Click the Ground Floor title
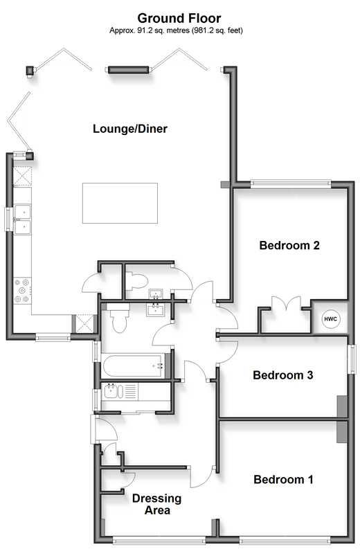tap(179, 18)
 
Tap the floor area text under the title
tap(176, 30)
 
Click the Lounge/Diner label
tap(130, 129)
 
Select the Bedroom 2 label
tap(289, 245)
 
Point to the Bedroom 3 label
tap(283, 375)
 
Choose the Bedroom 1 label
tap(283, 479)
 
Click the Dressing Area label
tap(157, 504)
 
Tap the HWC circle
tap(330, 319)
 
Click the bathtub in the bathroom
tap(133, 366)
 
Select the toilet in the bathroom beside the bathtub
tap(118, 318)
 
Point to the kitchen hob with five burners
tap(22, 290)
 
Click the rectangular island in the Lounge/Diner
tap(120, 203)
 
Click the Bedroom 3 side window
tap(351, 359)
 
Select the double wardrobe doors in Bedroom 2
tap(287, 303)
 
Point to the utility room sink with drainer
tap(120, 392)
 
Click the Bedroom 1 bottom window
tap(285, 540)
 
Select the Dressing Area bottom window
tap(159, 540)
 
